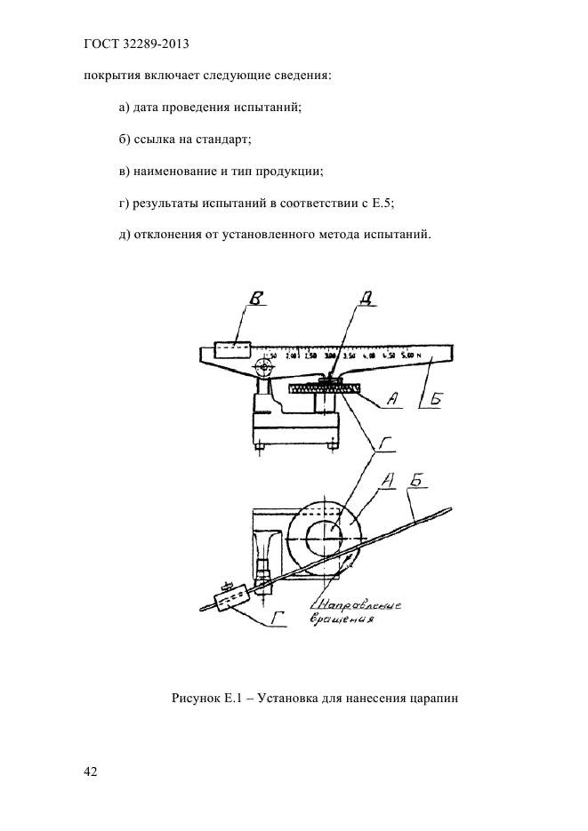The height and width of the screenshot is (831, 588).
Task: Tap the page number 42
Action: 90,771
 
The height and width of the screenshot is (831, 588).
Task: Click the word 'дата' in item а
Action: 149,108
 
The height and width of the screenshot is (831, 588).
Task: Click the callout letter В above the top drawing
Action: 257,301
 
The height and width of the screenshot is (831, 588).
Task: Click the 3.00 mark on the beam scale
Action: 331,356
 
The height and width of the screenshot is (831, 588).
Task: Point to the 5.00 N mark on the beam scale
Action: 410,355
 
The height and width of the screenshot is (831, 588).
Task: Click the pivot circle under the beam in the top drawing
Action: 263,367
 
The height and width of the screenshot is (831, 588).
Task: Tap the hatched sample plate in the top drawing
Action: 325,388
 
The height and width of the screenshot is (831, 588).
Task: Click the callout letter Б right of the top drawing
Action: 434,402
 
